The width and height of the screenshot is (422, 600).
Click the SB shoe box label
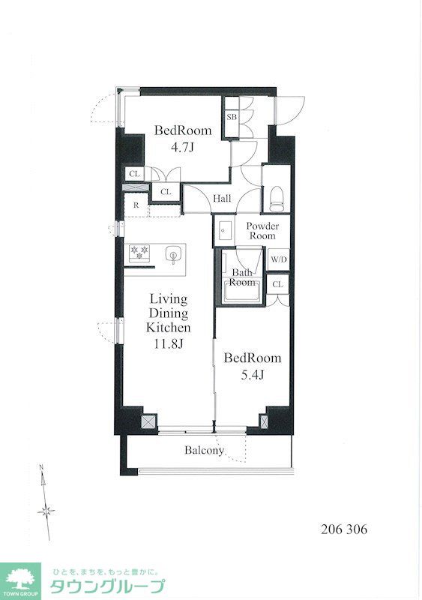(x=232, y=117)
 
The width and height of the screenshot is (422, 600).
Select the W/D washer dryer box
(x=278, y=259)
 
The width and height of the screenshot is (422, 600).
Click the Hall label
(x=223, y=198)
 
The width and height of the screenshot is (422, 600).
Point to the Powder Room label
(x=262, y=231)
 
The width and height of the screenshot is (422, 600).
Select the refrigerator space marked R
(x=136, y=205)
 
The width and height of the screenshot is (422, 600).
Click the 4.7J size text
(x=182, y=147)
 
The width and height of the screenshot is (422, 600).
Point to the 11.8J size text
(x=169, y=344)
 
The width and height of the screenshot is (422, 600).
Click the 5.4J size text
(x=253, y=375)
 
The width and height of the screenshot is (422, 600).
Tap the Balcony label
(x=204, y=451)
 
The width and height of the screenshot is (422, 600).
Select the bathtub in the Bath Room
(x=243, y=292)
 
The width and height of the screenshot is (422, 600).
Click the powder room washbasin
(x=223, y=230)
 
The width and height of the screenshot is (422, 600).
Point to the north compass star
(x=46, y=511)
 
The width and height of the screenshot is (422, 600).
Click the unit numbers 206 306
(x=344, y=529)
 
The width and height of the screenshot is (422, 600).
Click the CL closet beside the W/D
(x=278, y=284)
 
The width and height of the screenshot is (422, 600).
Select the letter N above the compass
(x=42, y=466)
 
